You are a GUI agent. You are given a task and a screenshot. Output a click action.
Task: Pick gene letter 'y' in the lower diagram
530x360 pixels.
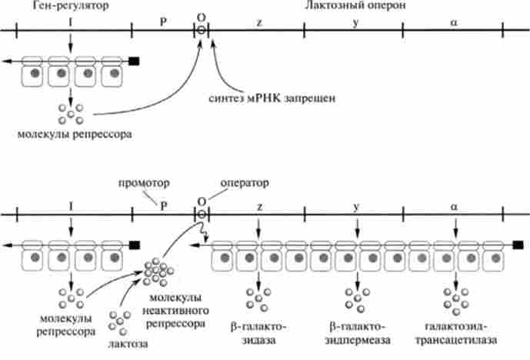click(x=356, y=205)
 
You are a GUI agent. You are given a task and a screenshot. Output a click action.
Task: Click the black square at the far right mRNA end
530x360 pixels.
click(x=518, y=245)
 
